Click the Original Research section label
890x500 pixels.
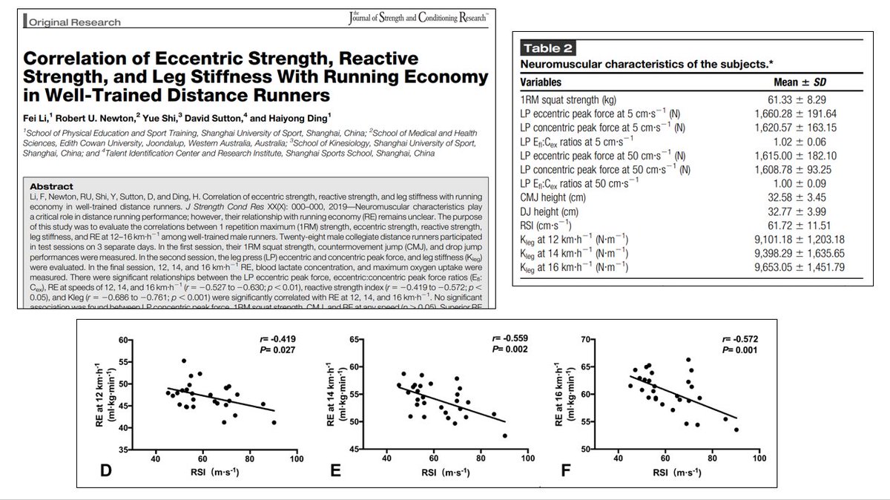[76, 22]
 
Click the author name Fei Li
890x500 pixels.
[39, 117]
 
